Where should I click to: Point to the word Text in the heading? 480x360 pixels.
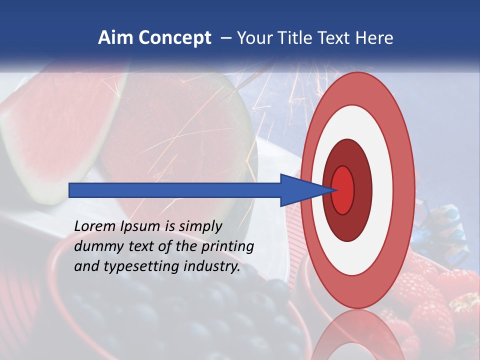tap(335, 38)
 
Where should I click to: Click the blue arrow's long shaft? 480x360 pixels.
tap(175, 190)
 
